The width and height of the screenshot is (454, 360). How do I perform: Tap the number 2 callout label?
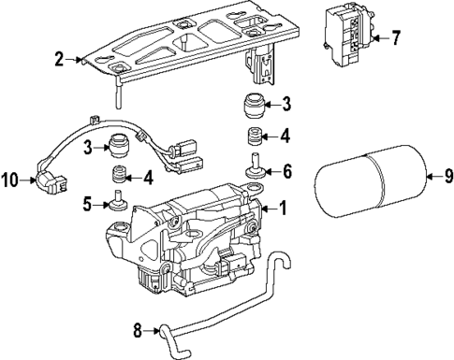[x=58, y=61]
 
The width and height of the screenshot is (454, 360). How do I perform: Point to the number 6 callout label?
[x=287, y=170]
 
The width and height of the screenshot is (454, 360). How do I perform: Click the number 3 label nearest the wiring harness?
[x=87, y=147]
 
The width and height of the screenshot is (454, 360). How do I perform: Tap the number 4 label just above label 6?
[x=286, y=136]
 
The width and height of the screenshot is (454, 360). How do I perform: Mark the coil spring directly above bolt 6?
[x=254, y=138]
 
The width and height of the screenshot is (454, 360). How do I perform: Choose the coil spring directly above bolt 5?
[x=119, y=174]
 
